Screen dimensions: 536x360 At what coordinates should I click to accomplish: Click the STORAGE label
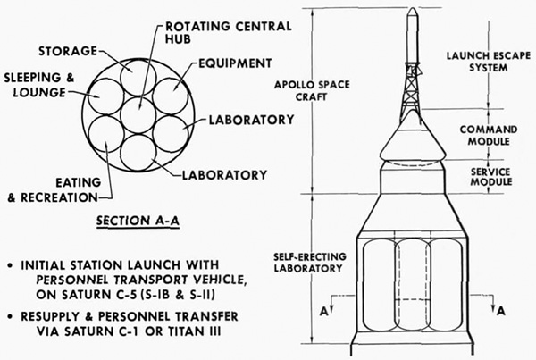pos(68,51)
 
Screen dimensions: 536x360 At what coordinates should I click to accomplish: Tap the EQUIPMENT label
pos(235,63)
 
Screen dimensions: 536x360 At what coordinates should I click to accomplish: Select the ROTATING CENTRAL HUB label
pos(229,32)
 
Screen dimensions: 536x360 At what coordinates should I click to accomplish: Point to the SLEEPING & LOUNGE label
pos(39,85)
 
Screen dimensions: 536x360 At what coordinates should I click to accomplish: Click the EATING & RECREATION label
pos(54,190)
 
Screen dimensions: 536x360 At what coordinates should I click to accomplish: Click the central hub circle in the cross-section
pos(138,114)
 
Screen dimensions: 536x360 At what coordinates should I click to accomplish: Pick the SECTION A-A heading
pos(138,222)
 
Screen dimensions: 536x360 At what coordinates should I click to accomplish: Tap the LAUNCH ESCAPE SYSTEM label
pos(489,62)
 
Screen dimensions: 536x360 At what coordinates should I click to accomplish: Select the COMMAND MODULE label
pos(489,136)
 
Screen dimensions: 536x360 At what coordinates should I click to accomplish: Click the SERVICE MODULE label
pos(490,177)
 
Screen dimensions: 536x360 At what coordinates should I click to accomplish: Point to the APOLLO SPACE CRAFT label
pos(312,90)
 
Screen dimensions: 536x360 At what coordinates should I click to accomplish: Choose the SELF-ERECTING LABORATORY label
pos(310,263)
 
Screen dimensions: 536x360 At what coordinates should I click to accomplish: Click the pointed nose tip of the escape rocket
pos(413,8)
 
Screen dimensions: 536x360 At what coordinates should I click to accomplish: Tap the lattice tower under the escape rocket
pos(412,90)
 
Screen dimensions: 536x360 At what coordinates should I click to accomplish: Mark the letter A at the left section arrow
pos(324,312)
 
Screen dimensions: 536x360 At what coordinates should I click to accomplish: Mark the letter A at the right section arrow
pos(501,311)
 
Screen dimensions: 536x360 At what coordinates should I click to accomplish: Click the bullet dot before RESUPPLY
pos(12,317)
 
